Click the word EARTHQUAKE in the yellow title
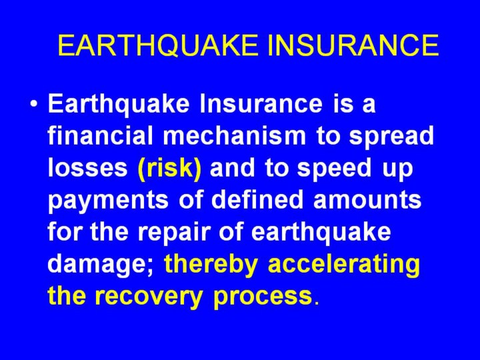[x=158, y=45]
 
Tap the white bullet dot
[x=34, y=104]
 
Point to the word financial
[x=100, y=135]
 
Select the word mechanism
[x=235, y=135]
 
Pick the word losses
[x=88, y=167]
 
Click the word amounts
[x=367, y=200]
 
